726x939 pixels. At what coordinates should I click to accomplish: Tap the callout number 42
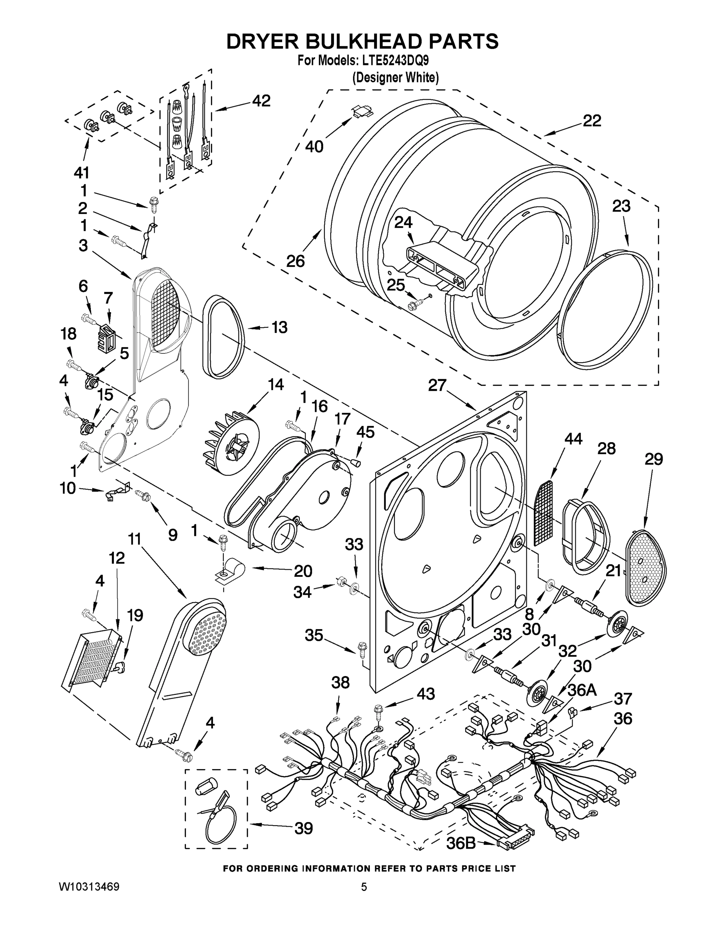[261, 101]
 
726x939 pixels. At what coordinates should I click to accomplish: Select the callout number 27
[437, 385]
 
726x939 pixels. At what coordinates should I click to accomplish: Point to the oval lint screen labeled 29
[645, 568]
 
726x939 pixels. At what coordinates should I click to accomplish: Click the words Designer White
[395, 78]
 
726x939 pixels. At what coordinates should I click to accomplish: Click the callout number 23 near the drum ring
[621, 206]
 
